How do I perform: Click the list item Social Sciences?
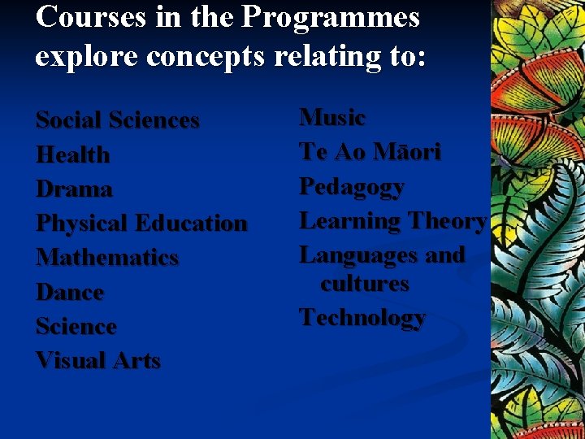click(118, 120)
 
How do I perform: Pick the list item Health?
click(73, 154)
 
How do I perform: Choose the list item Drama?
click(75, 189)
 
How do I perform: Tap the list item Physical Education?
click(141, 224)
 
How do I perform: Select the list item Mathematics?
click(107, 258)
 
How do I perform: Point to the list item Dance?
click(70, 292)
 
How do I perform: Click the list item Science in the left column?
click(76, 326)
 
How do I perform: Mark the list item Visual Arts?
click(98, 360)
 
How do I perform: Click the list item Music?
click(333, 117)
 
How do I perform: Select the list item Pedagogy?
click(352, 187)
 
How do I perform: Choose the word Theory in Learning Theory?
click(448, 221)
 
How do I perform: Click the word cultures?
click(365, 284)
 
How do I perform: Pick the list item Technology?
click(362, 318)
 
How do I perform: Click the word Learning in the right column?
click(351, 221)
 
